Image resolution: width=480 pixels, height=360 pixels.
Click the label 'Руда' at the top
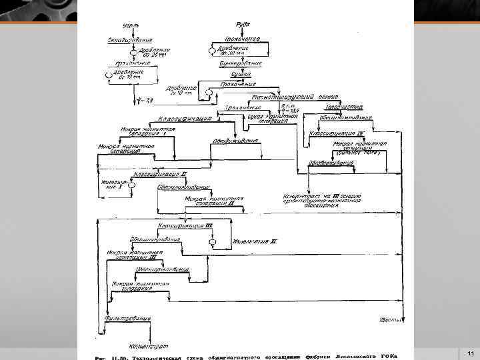click(x=244, y=25)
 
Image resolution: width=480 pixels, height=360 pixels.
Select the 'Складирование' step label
click(x=131, y=40)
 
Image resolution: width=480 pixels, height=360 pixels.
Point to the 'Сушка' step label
click(x=241, y=75)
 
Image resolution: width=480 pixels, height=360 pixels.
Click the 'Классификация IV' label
click(x=336, y=133)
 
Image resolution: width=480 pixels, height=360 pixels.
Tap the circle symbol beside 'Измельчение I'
click(x=132, y=188)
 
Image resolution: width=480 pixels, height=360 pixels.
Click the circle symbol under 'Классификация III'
click(x=211, y=244)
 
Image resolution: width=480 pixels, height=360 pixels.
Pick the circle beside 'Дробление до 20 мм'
click(x=133, y=51)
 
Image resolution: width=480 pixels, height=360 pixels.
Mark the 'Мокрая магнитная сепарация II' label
click(x=210, y=201)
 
